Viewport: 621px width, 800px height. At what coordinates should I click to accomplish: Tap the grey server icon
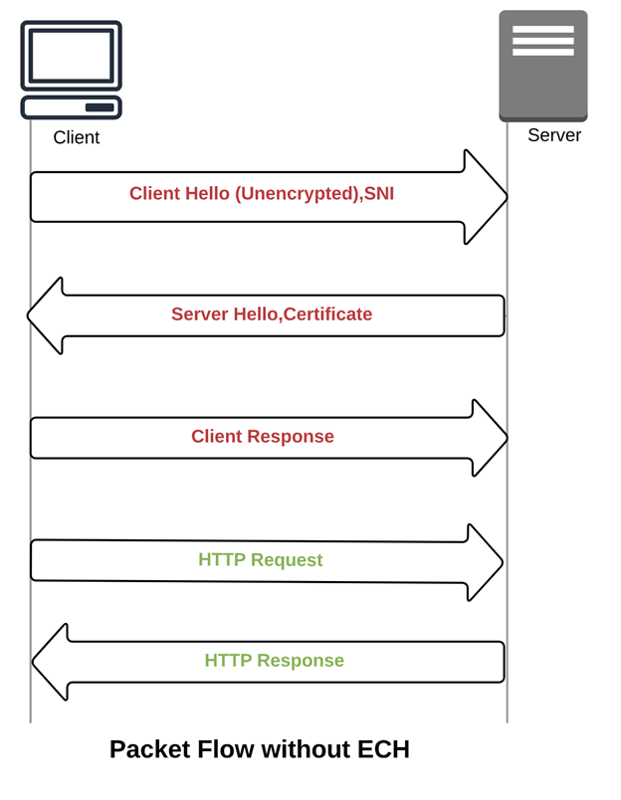542,66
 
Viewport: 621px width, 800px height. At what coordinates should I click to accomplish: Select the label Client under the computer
77,137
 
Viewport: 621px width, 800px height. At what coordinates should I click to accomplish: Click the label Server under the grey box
554,135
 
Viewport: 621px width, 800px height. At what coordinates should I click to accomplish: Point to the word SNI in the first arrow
379,194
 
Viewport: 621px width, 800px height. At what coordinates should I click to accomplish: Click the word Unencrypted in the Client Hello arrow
296,194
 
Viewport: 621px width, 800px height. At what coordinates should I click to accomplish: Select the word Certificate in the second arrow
327,314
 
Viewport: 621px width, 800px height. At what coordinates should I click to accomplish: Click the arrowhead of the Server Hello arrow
46,315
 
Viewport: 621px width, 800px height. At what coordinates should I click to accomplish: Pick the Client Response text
263,437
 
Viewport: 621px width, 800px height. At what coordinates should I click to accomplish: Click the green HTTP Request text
261,560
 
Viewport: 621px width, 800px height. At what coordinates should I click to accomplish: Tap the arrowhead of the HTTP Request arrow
485,562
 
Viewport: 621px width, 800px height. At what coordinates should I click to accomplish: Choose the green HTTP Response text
275,661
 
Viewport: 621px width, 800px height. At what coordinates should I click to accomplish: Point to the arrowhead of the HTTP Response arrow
50,662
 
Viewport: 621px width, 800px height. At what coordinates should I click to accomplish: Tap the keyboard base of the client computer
71,107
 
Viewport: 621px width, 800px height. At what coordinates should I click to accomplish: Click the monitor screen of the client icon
71,54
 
